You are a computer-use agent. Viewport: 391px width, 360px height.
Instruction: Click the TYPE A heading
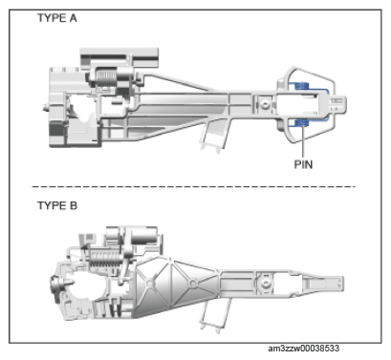[x=57, y=18]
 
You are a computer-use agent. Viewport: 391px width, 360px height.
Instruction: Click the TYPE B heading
[x=57, y=205]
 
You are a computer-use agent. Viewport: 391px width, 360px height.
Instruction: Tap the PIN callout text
[x=303, y=164]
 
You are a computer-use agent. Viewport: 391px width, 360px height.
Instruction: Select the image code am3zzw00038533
[x=303, y=349]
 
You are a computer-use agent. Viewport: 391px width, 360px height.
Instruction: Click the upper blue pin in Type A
[x=302, y=86]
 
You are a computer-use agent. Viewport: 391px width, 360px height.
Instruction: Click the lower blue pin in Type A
[x=302, y=123]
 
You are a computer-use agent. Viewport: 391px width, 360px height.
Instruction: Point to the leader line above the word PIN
[x=303, y=142]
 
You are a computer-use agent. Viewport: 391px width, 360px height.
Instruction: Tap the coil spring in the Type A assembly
[x=106, y=78]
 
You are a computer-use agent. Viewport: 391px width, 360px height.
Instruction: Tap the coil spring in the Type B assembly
[x=104, y=259]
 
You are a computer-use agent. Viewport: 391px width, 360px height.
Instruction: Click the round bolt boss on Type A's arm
[x=264, y=104]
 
